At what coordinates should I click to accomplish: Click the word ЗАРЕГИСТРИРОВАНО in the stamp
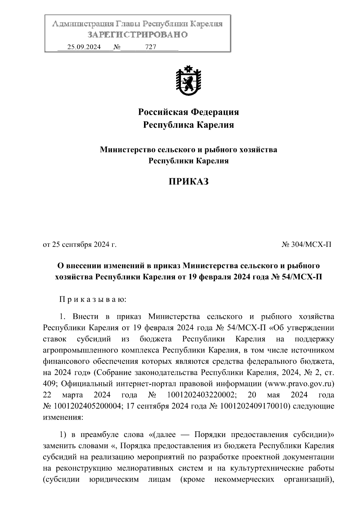[138, 35]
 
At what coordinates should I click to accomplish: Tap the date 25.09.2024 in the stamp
[84, 47]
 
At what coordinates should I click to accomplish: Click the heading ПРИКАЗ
[188, 182]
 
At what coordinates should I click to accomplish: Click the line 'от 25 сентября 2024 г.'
[80, 245]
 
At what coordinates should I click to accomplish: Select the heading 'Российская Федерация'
[188, 112]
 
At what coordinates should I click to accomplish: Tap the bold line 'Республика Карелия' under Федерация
[188, 125]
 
